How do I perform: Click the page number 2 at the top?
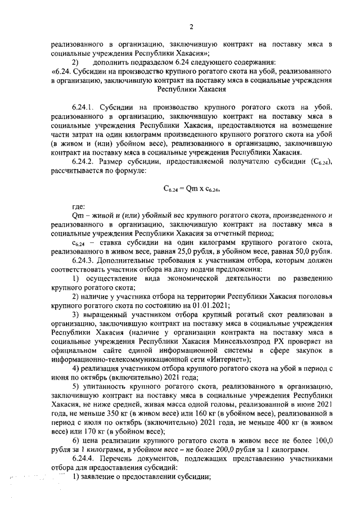click(191, 27)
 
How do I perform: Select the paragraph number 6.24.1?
click(85, 106)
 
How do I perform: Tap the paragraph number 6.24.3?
click(85, 260)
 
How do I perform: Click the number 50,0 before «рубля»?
click(299, 251)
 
